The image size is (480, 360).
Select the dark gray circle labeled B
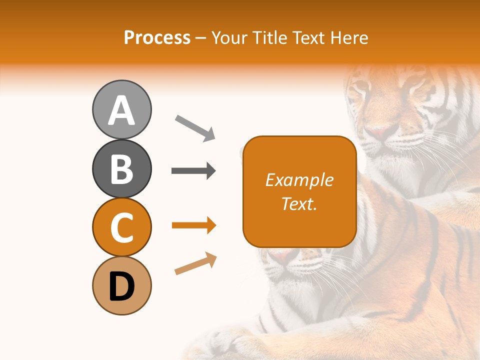[x=121, y=168]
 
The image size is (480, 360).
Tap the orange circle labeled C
[x=121, y=227]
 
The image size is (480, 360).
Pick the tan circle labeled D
[x=121, y=286]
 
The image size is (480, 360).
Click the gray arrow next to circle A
[x=195, y=127]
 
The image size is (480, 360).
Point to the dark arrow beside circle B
[x=193, y=171]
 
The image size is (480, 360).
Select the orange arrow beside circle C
[x=193, y=226]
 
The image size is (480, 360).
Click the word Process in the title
[x=157, y=38]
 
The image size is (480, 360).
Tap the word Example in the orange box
[x=299, y=180]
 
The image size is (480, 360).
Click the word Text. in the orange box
[x=299, y=203]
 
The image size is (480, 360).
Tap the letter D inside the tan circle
[x=121, y=287]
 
